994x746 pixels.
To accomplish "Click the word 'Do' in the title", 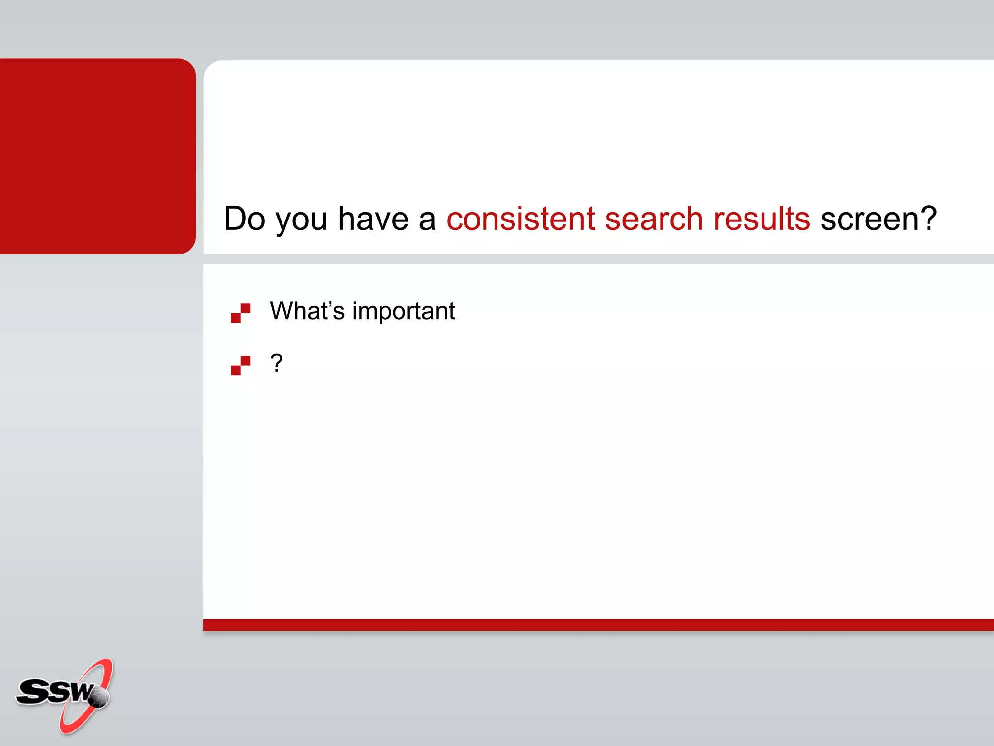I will pos(245,219).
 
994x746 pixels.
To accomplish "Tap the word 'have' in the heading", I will pos(373,219).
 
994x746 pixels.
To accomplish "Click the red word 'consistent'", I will pos(520,219).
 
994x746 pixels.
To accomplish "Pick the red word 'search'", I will pos(654,219).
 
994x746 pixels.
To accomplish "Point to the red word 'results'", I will pos(762,219).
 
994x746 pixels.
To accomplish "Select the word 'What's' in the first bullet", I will pos(307,311).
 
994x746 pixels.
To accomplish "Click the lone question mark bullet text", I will pos(276,363).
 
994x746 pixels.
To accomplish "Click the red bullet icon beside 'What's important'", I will pos(240,313).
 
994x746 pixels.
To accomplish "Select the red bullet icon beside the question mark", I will pos(240,365).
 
